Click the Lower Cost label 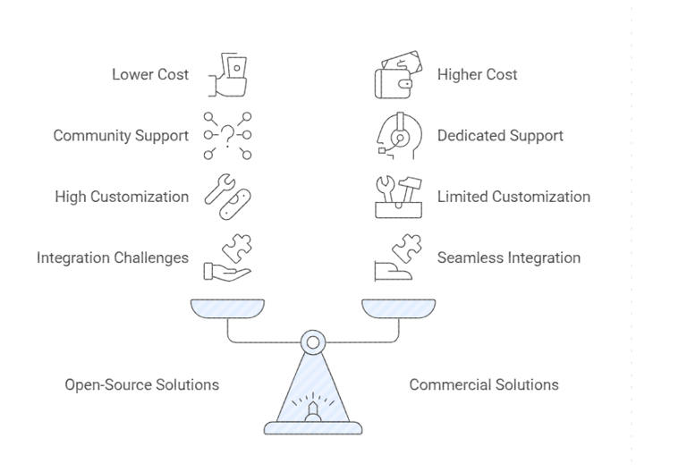(x=150, y=74)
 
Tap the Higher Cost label (x=477, y=74)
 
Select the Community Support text (x=121, y=136)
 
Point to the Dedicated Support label (x=500, y=136)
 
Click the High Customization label (x=122, y=197)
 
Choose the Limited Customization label (x=513, y=197)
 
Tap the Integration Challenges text (x=113, y=257)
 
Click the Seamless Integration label (x=508, y=257)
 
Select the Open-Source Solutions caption (x=141, y=384)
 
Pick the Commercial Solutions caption (x=484, y=384)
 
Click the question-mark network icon (x=227, y=136)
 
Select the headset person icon (x=394, y=137)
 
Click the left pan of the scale (x=227, y=308)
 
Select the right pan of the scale (x=398, y=308)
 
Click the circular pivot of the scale (x=312, y=341)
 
